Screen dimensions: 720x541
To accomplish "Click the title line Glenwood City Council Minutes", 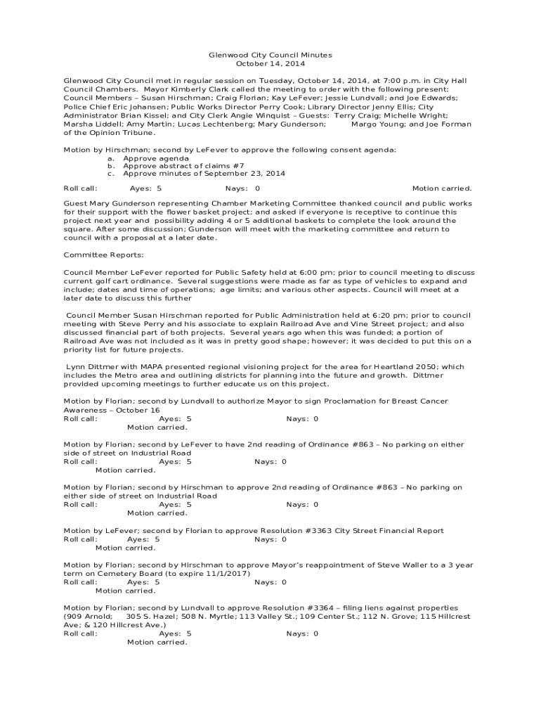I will pyautogui.click(x=270, y=55).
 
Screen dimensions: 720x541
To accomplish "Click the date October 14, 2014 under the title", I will pyautogui.click(x=270, y=63).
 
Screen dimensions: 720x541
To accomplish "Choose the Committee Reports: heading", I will pyautogui.click(x=103, y=255).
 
